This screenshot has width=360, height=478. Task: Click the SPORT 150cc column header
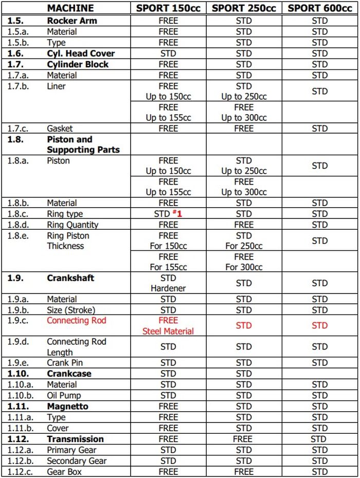tap(168, 8)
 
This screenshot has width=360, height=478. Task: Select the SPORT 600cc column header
tap(319, 8)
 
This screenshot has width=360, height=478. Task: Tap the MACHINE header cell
tap(70, 8)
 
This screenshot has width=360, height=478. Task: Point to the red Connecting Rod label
tap(76, 320)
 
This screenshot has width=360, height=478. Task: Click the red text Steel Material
tap(168, 331)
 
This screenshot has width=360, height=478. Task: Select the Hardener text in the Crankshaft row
tap(168, 288)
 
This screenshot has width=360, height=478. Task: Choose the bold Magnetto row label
tap(67, 407)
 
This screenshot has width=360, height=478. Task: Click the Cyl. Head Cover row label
tap(81, 53)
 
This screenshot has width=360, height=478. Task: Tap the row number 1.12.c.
tap(20, 472)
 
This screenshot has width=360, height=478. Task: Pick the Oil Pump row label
tap(64, 396)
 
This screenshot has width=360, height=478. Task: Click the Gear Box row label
tap(64, 472)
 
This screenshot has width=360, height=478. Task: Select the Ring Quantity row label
tap(73, 225)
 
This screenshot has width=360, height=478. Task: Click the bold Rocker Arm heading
tap(71, 21)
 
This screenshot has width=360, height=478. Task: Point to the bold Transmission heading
tap(75, 439)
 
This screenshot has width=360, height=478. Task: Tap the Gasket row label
tap(60, 128)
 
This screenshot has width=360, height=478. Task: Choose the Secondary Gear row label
tap(77, 461)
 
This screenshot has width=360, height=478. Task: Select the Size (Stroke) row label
tap(71, 310)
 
